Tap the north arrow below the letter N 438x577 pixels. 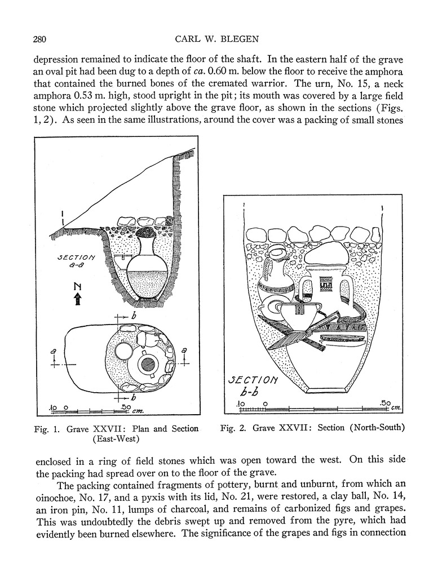pos(78,299)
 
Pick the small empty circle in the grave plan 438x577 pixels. pos(123,352)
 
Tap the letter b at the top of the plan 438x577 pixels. pos(134,316)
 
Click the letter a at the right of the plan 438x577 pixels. pos(184,350)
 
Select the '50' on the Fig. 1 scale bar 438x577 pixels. pos(127,406)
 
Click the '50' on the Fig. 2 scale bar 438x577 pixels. pos(386,403)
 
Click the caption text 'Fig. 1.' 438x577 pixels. pos(48,429)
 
